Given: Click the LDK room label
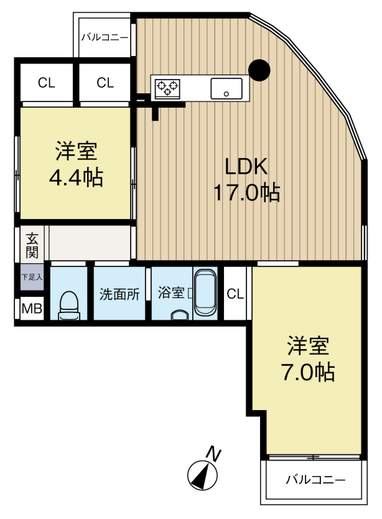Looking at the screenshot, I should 246,166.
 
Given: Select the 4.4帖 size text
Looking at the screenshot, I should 76,179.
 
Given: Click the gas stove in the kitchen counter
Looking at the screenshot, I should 167,88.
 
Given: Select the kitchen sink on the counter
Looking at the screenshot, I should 226,88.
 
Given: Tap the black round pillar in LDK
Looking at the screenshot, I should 259,70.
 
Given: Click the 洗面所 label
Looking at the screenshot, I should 119,294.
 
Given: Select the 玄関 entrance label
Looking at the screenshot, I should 32,245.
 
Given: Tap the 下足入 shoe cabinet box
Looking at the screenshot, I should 32,278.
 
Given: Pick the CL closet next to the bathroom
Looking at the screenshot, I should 235,294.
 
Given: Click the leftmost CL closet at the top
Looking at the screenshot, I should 45,82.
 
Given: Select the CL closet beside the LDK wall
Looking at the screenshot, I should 105,82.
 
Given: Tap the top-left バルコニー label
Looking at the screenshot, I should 105,37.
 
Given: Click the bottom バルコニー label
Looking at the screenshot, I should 315,480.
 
